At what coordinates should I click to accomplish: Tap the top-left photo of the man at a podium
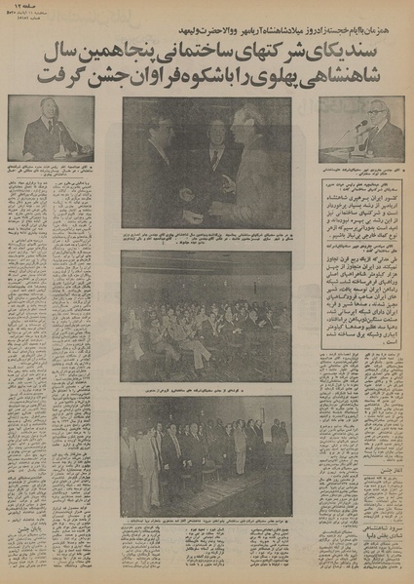[51, 128]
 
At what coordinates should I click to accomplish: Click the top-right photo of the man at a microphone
[361, 128]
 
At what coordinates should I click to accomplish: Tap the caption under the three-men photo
[206, 237]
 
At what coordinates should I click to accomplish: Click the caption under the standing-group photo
[206, 495]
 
